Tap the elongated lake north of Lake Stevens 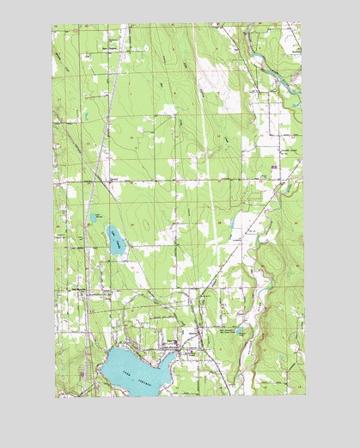point(115,240)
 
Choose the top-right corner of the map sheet point(304,24)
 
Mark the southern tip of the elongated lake point(123,255)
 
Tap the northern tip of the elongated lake point(108,226)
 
